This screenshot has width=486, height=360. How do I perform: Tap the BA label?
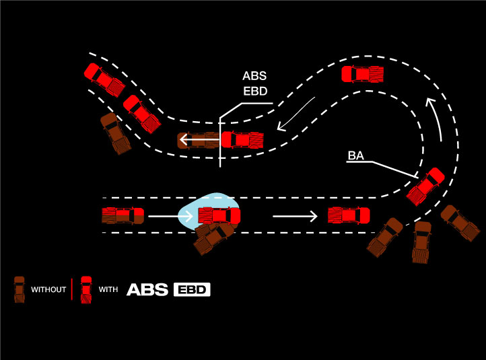click(355, 157)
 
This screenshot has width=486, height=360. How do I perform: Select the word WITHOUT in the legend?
click(48, 290)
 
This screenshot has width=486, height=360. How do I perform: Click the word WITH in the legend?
click(108, 290)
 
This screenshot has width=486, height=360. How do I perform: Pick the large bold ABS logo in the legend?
click(148, 290)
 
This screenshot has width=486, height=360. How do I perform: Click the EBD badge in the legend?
click(193, 290)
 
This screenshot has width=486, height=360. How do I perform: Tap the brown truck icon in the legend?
click(20, 290)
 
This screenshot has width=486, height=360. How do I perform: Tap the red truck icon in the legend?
click(85, 290)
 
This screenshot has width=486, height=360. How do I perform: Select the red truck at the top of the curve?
click(363, 73)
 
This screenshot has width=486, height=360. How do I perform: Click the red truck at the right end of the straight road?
click(349, 216)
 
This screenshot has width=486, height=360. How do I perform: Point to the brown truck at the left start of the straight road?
click(123, 216)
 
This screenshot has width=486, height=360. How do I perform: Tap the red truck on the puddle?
click(219, 216)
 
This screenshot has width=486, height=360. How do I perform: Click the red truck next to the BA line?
click(425, 186)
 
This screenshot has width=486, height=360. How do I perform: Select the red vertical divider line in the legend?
click(71, 290)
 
